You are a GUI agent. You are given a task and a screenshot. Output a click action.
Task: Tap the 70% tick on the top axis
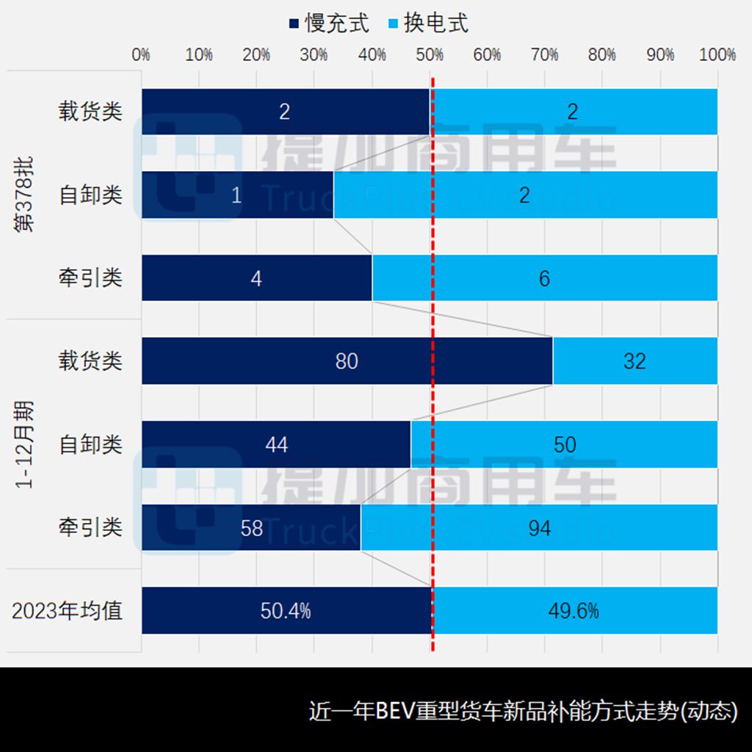tap(544, 55)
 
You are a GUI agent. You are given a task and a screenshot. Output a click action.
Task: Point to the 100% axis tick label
tap(717, 55)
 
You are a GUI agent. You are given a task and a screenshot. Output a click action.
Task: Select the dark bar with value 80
tap(347, 361)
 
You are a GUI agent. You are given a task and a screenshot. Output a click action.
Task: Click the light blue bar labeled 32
tap(634, 361)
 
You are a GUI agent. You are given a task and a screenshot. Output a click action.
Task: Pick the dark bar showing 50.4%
tap(286, 610)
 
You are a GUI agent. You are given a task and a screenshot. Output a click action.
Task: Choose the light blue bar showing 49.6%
tap(574, 610)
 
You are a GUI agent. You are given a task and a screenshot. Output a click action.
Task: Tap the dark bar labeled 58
tap(251, 527)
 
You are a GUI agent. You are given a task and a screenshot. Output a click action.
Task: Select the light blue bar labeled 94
tap(539, 527)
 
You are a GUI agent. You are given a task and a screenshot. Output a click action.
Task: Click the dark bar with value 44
tap(276, 444)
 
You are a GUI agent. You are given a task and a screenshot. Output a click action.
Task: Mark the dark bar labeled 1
tap(236, 195)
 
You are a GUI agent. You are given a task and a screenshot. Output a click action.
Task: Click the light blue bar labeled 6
tap(544, 278)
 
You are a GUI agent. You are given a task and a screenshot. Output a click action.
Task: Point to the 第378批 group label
tap(25, 195)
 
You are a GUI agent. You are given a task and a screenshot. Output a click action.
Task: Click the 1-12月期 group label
tap(25, 444)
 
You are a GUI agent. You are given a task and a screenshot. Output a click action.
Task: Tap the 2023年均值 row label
tap(68, 610)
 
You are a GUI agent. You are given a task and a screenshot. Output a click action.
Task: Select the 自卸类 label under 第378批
tap(91, 195)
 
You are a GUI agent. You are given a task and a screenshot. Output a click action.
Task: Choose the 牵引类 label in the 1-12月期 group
tap(91, 527)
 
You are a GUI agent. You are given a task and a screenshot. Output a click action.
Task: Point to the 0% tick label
tap(141, 55)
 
